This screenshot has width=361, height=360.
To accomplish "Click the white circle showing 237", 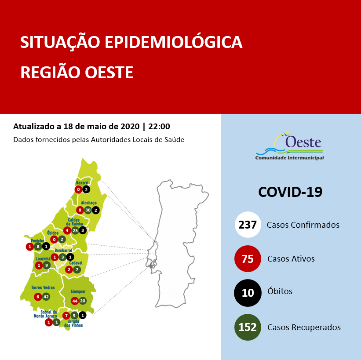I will [248, 225].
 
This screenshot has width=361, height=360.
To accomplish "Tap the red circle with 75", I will [248, 259].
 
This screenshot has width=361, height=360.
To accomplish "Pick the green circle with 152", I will [248, 327].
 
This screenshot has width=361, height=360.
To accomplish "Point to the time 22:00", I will [159, 127].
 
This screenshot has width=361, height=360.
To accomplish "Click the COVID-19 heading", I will [290, 192].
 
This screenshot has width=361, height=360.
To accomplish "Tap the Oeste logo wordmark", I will [303, 142].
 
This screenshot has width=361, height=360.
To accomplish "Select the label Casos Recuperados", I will [304, 327].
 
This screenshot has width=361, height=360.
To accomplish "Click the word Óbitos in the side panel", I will [280, 291].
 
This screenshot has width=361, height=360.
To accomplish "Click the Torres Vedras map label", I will [42, 288].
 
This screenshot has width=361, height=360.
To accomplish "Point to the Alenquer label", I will [78, 291].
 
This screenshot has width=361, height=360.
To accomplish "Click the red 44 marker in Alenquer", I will [75, 301].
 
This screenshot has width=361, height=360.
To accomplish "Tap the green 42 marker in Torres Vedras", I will [46, 297].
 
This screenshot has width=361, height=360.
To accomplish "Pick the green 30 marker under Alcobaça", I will [88, 210].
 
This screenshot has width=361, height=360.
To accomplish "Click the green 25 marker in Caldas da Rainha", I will [75, 230].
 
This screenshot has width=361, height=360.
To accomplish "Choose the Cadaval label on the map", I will [76, 263].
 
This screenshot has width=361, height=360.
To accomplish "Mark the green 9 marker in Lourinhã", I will [47, 265].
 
